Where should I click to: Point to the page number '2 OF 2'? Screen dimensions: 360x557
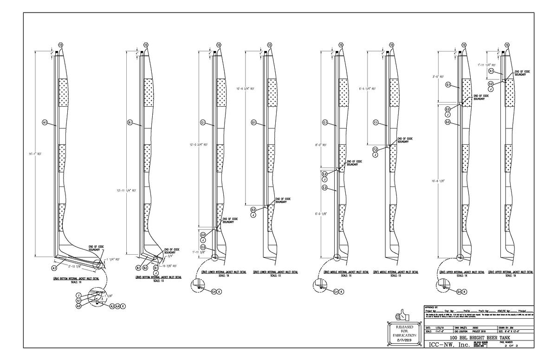[520, 346]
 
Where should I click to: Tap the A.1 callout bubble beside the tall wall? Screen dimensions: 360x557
[45, 122]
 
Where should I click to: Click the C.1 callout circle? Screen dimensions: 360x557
[203, 122]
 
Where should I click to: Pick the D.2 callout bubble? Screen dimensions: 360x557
[253, 210]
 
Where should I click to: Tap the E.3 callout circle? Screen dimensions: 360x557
[325, 187]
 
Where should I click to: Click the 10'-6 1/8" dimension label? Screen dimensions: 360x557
[438, 180]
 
